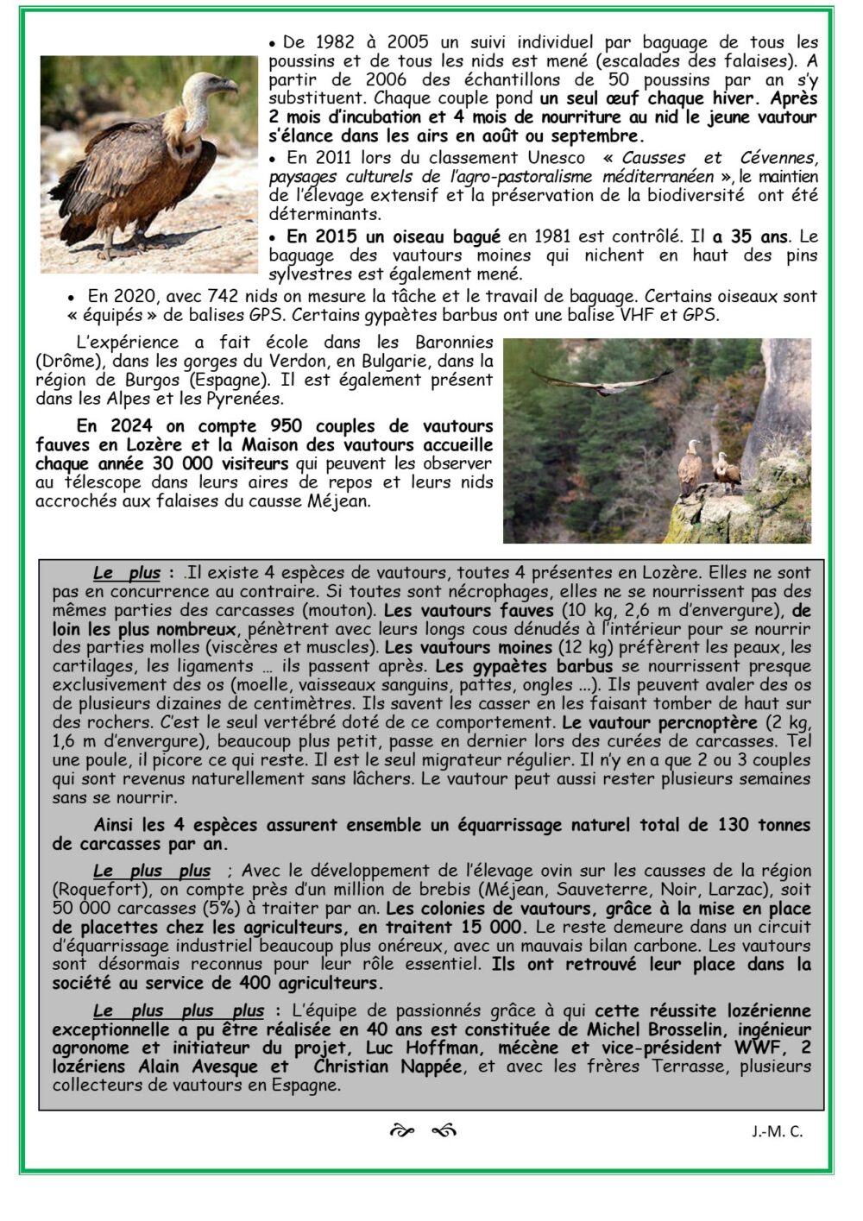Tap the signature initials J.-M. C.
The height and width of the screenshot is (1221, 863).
(x=777, y=1131)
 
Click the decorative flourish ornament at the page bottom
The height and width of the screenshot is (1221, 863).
(x=423, y=1131)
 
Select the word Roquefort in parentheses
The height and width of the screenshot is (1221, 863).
(x=89, y=890)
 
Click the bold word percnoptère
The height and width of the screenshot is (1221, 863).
(x=708, y=722)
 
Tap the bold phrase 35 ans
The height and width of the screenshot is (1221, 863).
(x=759, y=236)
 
